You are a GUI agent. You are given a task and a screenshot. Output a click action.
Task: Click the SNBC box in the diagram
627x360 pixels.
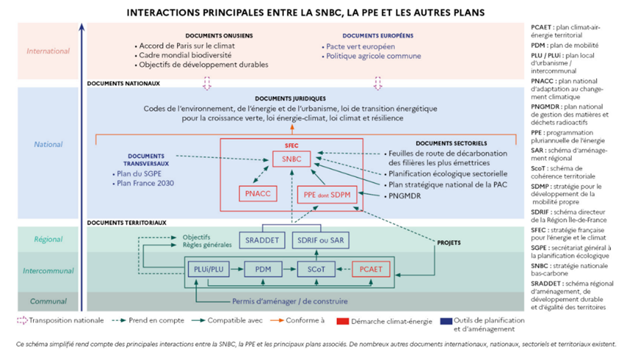point(291,159)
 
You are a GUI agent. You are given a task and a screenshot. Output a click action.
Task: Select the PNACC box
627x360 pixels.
point(257,194)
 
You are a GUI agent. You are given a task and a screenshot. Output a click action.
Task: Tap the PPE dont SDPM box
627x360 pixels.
point(327,194)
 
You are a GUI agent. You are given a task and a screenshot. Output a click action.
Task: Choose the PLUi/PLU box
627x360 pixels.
point(205,271)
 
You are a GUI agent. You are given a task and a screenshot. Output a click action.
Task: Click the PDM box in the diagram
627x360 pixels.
point(263,271)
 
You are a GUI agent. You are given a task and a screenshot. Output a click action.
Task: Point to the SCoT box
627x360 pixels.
point(316,271)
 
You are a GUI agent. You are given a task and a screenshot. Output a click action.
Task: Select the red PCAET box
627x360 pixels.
point(370,271)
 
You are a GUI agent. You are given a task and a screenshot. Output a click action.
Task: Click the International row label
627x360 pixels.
point(48,51)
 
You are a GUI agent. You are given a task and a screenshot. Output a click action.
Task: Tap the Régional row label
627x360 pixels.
point(48,239)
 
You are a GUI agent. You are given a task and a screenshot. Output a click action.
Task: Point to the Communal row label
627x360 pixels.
point(48,301)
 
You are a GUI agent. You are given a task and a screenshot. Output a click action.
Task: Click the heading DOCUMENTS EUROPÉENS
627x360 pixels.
point(378,35)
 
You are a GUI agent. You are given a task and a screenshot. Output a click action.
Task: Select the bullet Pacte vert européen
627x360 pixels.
point(360,46)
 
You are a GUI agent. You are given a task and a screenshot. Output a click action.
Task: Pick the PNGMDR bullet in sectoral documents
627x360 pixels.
point(408,196)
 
